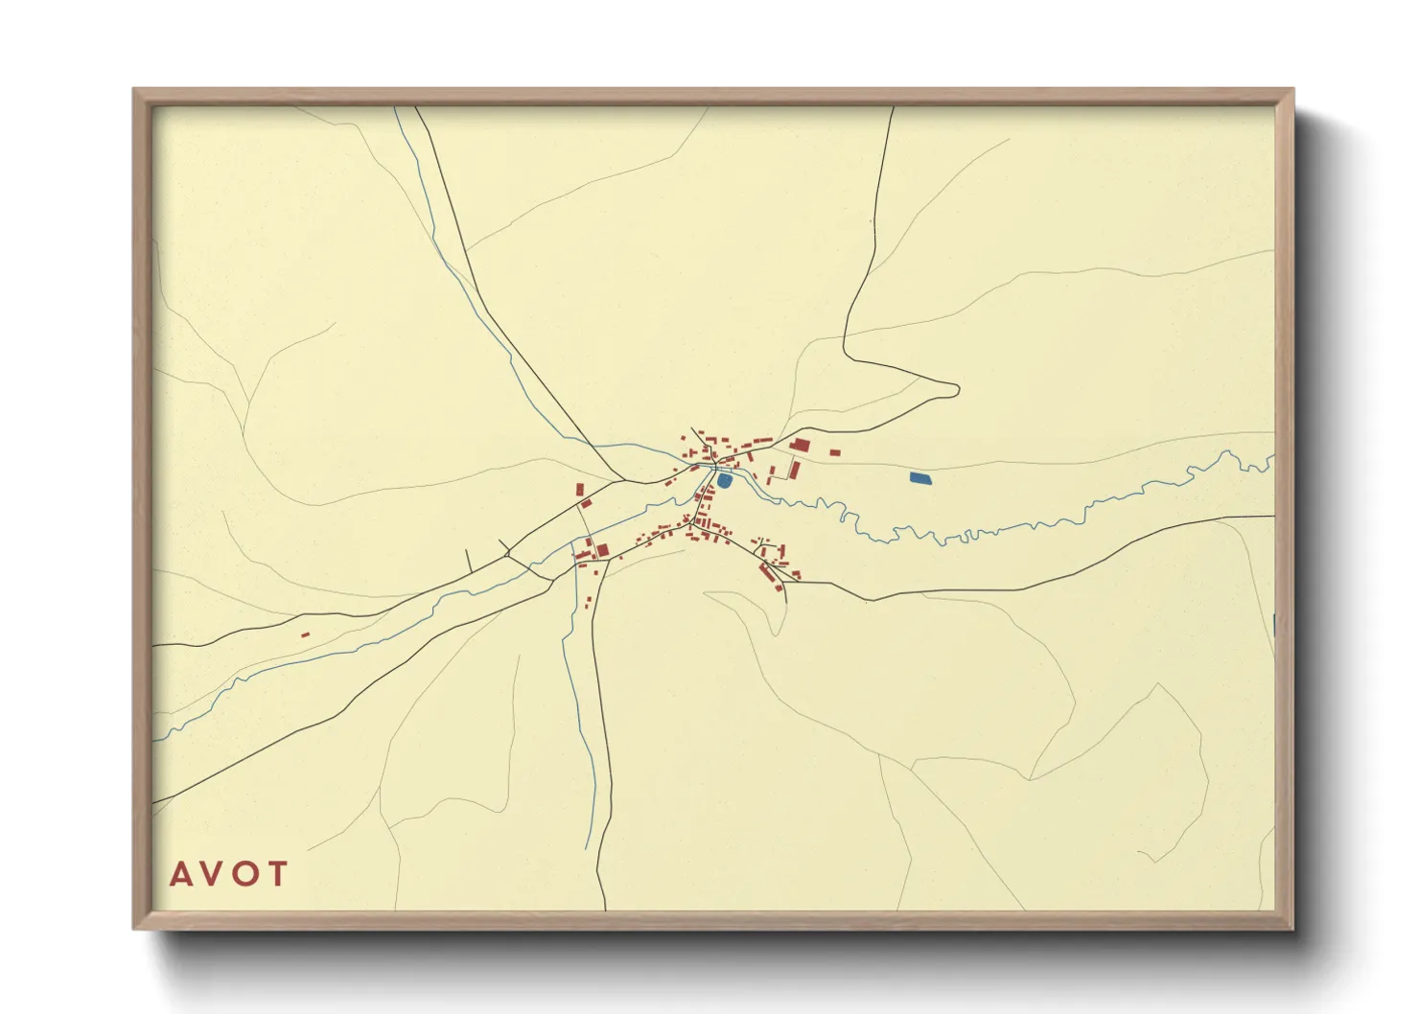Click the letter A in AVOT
coord(179,874)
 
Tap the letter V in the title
coord(213,874)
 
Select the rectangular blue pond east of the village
coord(919,477)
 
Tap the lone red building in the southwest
coord(306,634)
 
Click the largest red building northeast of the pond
coord(800,445)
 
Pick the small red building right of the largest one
coord(834,452)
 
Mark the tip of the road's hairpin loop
coord(957,389)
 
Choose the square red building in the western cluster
coord(603,550)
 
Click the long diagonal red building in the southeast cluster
coord(767,573)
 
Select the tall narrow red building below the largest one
coord(795,469)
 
